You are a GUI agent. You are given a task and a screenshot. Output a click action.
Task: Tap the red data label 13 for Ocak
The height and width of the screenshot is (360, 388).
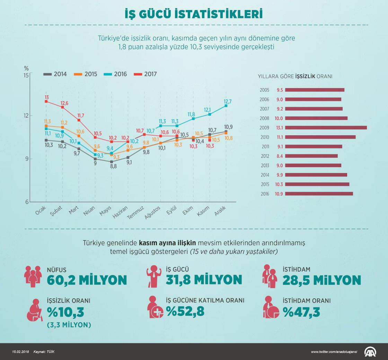46,97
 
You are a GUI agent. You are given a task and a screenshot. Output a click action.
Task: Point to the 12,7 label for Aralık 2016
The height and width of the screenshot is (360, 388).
228,101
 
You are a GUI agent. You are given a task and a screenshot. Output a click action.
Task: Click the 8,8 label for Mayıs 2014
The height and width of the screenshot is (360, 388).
114,166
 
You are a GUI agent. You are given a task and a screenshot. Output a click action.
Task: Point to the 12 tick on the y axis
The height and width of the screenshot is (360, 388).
26,115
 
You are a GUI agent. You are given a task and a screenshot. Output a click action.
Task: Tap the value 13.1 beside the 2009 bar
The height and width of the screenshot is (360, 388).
279,128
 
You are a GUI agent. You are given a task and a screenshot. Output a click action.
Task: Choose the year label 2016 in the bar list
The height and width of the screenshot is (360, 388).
264,194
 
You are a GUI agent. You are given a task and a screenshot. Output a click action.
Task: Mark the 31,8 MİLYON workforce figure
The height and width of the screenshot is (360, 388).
204,280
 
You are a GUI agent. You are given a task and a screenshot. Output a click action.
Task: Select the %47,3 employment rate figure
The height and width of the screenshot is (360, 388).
301,312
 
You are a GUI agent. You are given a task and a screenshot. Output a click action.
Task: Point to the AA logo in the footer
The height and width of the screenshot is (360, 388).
370,352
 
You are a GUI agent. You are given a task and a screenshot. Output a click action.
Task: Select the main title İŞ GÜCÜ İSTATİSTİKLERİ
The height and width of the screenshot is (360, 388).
194,14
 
